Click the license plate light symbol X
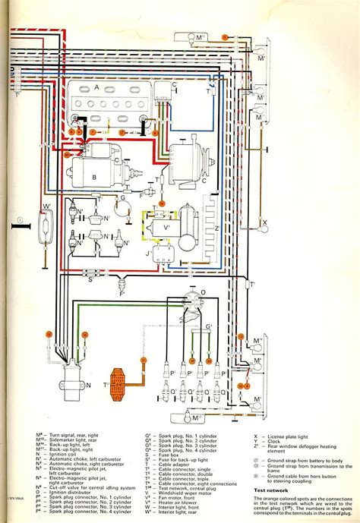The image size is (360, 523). click(x=267, y=225)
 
